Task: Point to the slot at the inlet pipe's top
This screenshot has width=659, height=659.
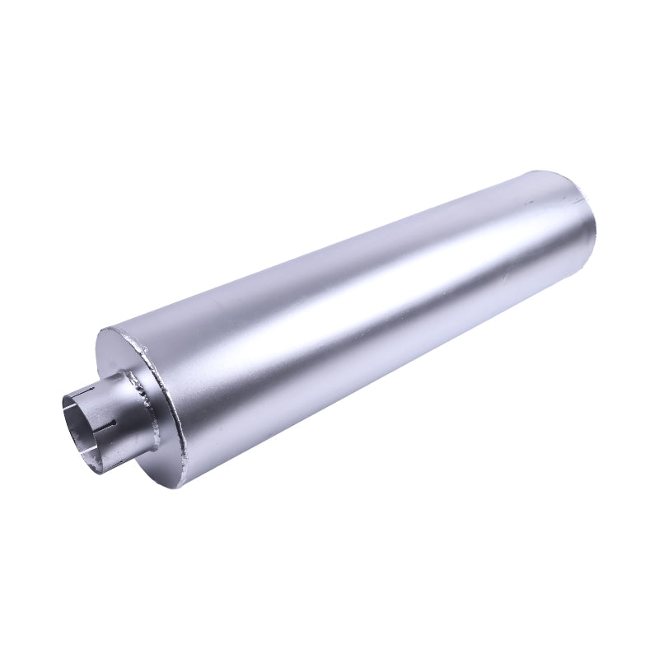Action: [x=83, y=394]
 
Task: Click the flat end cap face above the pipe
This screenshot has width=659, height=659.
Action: [x=124, y=354]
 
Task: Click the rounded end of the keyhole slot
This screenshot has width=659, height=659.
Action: [x=120, y=428]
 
